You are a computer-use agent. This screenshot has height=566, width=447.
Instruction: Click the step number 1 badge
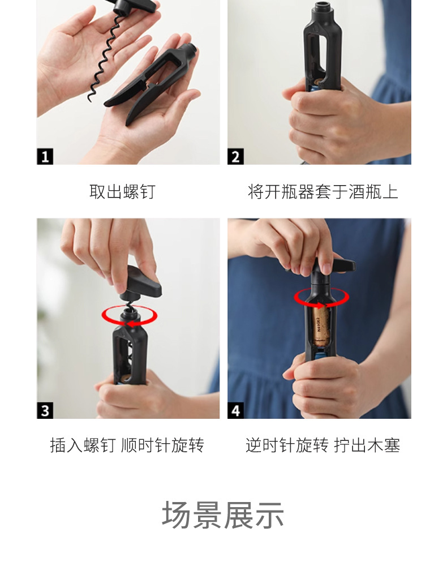(45, 156)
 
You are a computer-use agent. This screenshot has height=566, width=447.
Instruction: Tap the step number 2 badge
(235, 156)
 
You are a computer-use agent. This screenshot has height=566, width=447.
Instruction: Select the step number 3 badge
(45, 410)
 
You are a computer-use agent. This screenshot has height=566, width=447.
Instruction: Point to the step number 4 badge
(235, 410)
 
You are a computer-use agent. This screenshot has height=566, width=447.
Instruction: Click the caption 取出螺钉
(122, 192)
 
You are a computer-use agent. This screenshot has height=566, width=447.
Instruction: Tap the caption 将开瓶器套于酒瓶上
(323, 192)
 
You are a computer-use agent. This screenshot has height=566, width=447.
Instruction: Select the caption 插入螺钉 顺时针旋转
(127, 445)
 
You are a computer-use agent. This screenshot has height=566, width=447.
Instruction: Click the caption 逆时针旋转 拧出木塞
(323, 445)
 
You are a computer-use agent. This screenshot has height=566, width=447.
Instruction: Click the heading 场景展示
(222, 515)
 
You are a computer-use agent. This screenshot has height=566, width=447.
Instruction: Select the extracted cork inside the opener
(320, 325)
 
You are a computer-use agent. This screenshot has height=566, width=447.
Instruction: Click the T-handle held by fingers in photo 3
(141, 284)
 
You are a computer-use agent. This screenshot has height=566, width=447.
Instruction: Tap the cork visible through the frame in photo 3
(126, 378)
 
